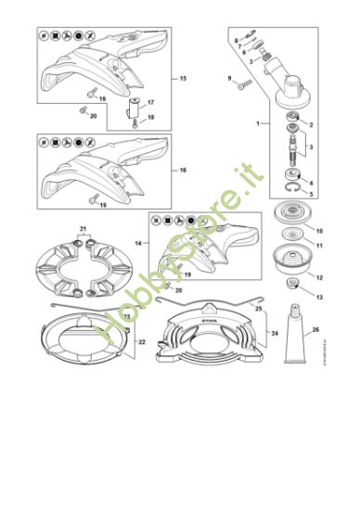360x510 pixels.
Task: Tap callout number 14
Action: pos(139,242)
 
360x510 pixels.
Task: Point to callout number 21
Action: pos(84,229)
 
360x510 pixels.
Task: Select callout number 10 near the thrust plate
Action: pos(319,229)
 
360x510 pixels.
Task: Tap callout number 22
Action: pos(142,341)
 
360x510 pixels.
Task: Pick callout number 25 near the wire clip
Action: pos(259,307)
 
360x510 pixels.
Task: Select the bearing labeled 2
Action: pos(294,115)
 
